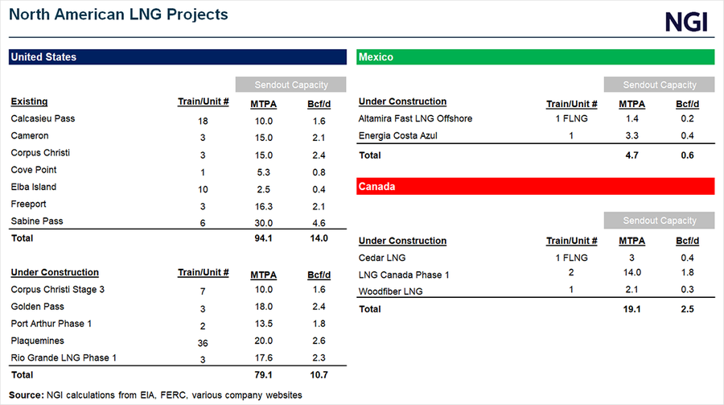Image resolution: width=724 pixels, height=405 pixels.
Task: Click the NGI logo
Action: [x=686, y=22]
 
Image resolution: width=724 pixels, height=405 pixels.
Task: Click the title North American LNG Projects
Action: [x=119, y=14]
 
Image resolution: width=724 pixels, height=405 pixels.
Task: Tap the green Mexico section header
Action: [x=535, y=57]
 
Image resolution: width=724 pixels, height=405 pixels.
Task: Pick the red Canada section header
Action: [x=535, y=187]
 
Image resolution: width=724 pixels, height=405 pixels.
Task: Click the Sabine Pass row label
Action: [x=36, y=221]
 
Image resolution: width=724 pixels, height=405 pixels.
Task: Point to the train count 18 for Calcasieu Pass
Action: [x=203, y=120]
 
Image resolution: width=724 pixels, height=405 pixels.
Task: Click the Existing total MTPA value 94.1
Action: [x=263, y=238]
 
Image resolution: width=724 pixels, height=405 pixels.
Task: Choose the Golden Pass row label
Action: [x=37, y=307]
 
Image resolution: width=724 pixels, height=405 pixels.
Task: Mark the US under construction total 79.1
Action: [x=263, y=375]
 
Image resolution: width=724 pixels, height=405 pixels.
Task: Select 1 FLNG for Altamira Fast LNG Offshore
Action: [x=571, y=119]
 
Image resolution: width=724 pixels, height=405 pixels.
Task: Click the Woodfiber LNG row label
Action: [x=392, y=291]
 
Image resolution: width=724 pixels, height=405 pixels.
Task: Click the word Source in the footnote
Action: [x=27, y=395]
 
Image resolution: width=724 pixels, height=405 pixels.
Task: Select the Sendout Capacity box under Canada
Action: [x=659, y=221]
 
